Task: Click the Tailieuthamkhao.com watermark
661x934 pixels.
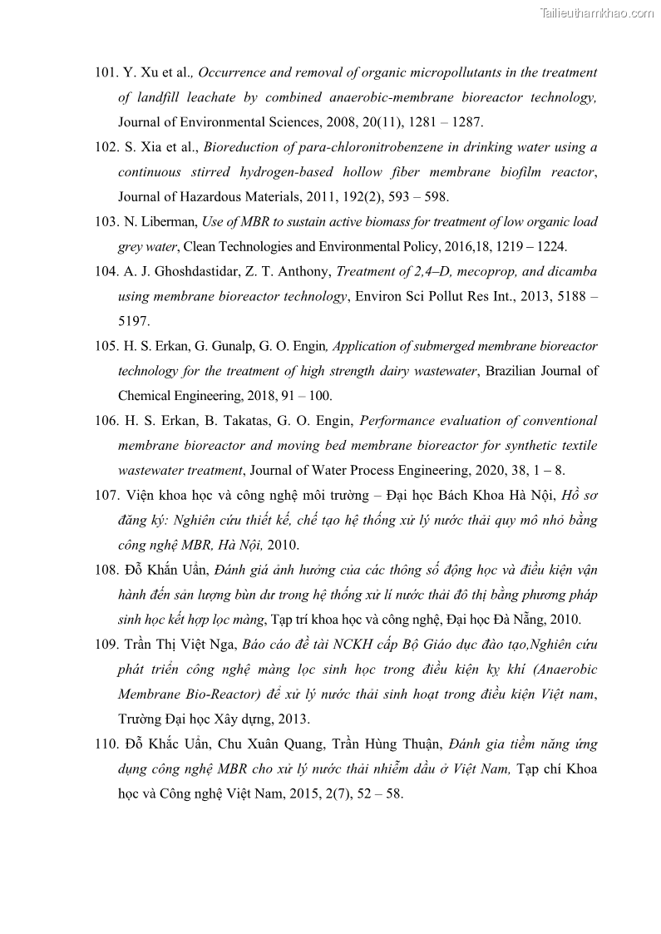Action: click(x=596, y=13)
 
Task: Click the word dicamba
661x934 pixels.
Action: click(x=572, y=271)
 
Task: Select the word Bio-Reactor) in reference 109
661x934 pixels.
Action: click(x=220, y=694)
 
